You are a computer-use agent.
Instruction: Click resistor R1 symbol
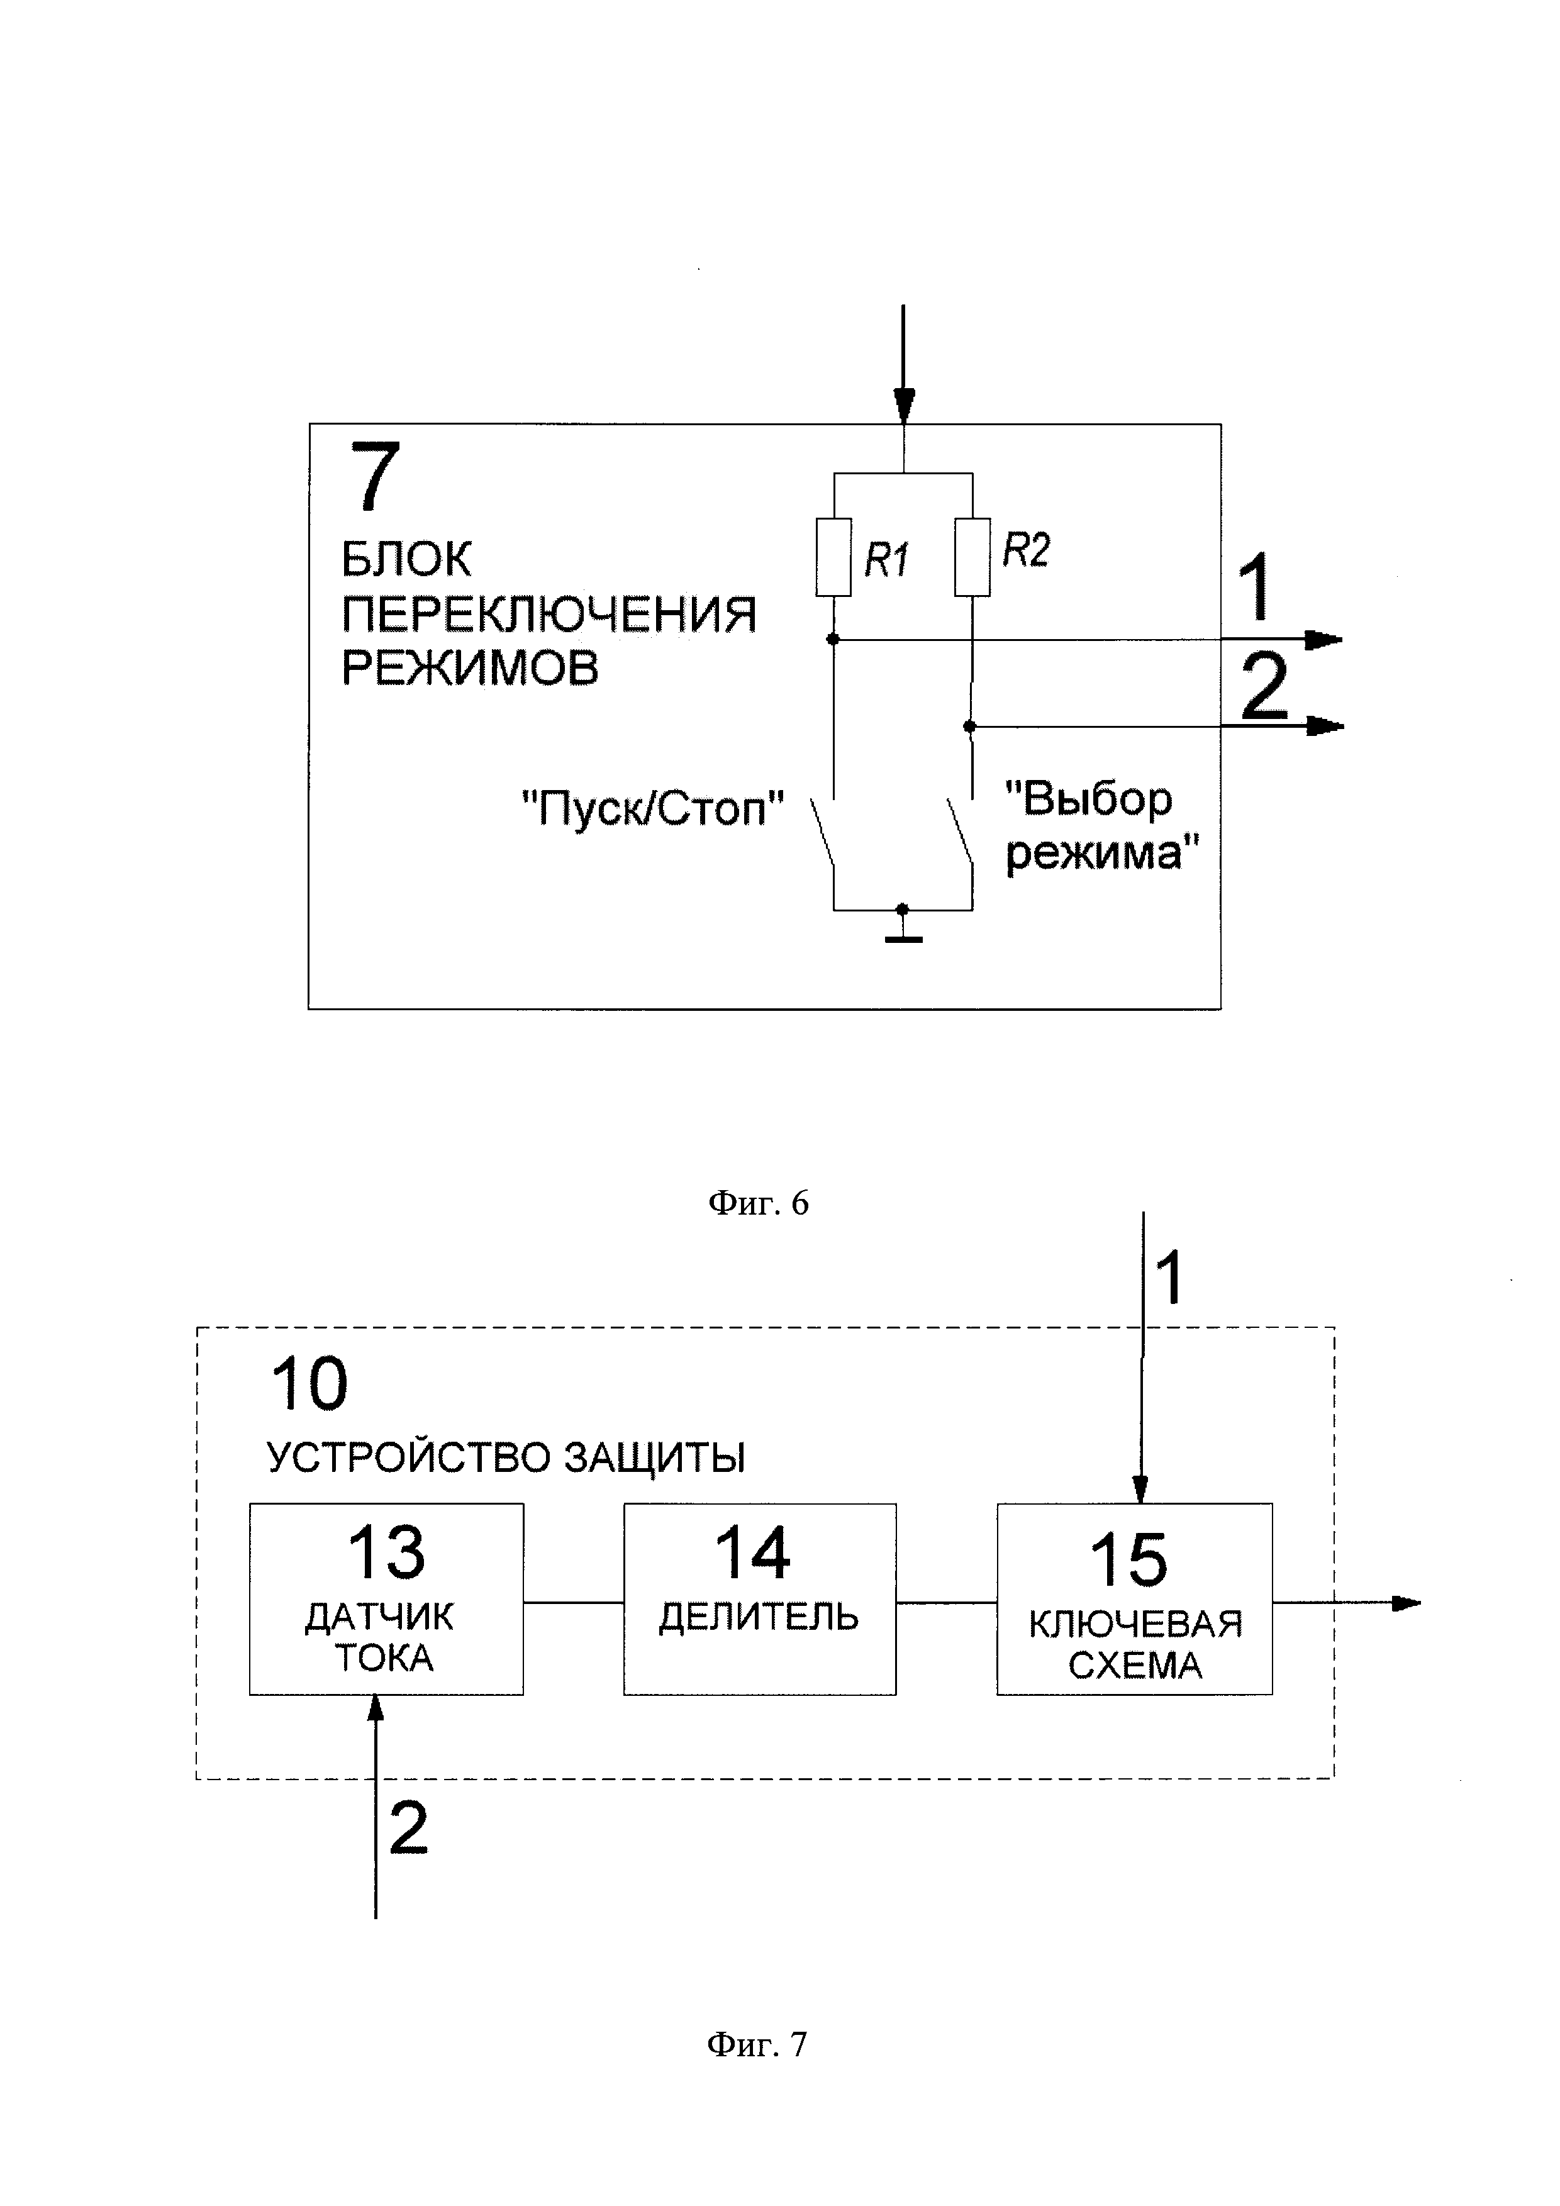pyautogui.click(x=833, y=557)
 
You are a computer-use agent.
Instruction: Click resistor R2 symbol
pyautogui.click(x=972, y=557)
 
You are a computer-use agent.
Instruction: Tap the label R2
pyautogui.click(x=1026, y=550)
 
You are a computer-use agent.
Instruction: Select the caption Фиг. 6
pyautogui.click(x=758, y=1203)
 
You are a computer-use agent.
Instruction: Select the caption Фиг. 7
pyautogui.click(x=757, y=2044)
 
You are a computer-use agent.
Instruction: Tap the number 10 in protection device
pyautogui.click(x=309, y=1384)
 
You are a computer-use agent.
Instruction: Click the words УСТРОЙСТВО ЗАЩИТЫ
pyautogui.click(x=505, y=1457)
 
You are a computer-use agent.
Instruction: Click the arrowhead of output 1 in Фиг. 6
pyautogui.click(x=1323, y=639)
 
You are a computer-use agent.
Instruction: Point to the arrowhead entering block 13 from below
pyautogui.click(x=376, y=1707)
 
